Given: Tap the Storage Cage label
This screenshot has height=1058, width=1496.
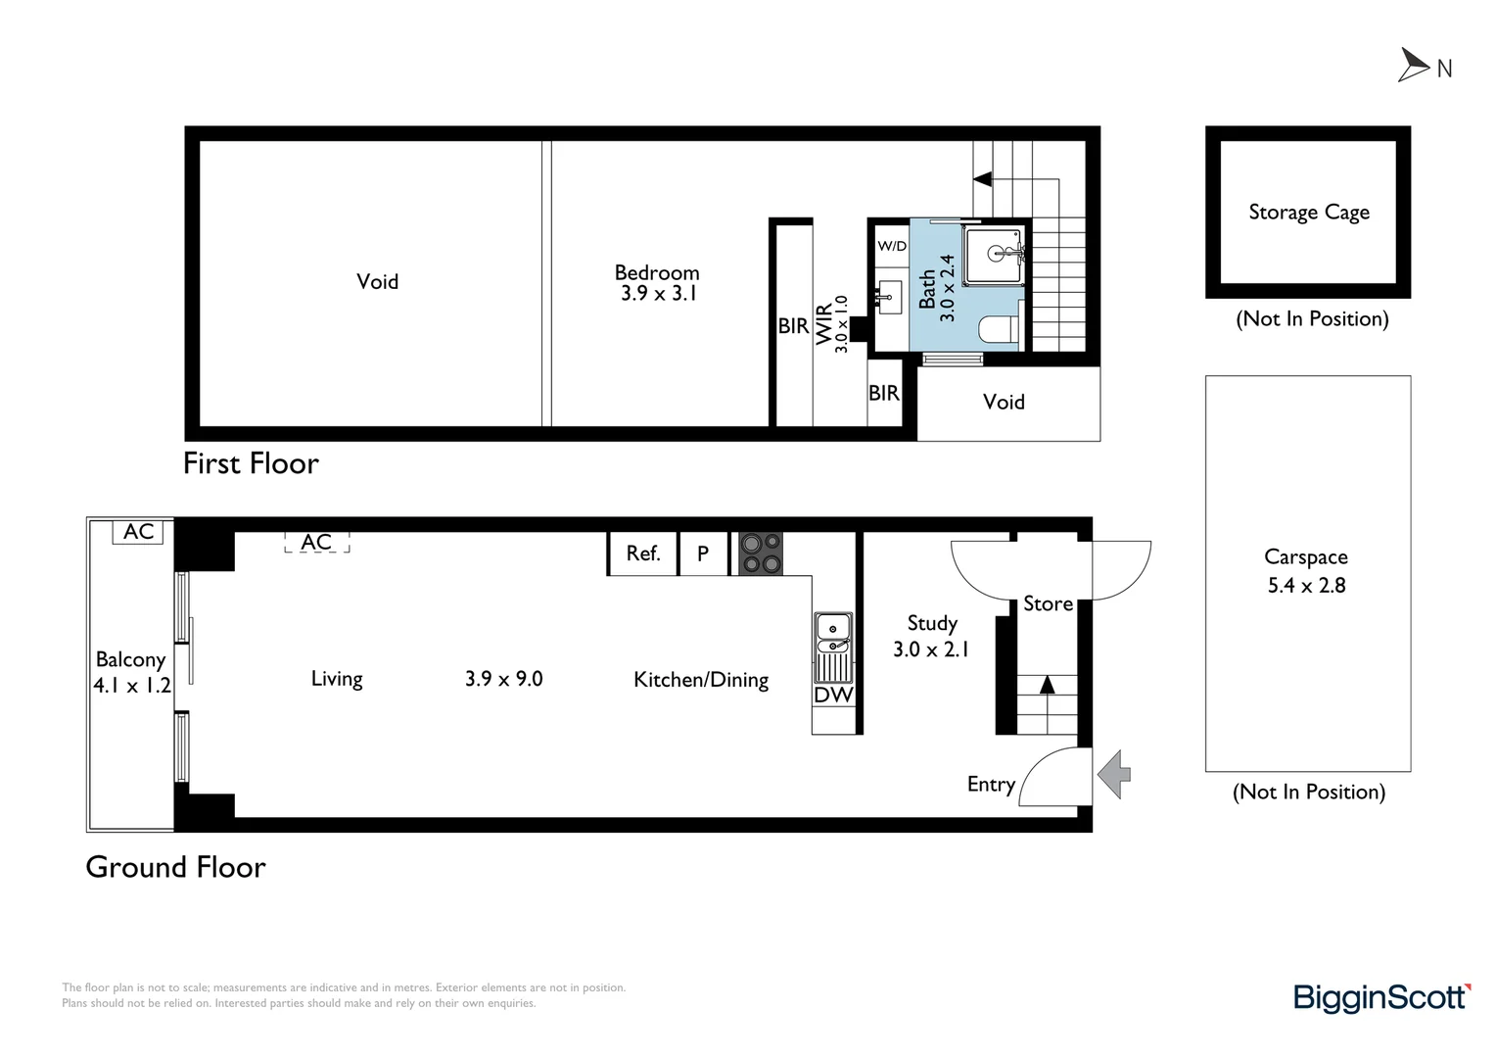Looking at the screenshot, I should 1308,213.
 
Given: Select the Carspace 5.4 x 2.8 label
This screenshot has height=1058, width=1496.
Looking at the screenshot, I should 1306,571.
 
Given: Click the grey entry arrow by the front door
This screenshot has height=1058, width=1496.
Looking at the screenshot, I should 1114,774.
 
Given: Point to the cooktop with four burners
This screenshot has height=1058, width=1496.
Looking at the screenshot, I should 760,553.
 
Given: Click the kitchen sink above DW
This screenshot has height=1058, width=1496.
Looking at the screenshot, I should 832,634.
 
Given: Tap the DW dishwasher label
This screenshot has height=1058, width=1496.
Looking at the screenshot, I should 833,695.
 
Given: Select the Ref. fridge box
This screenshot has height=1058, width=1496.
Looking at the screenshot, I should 642,553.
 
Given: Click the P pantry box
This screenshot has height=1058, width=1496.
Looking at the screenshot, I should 703,553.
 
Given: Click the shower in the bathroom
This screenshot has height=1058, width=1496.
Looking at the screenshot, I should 994,255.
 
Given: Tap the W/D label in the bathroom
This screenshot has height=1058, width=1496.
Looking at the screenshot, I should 891,246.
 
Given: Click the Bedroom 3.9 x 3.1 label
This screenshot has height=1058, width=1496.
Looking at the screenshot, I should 657,283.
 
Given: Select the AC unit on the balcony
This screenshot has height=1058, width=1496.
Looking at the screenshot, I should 139,532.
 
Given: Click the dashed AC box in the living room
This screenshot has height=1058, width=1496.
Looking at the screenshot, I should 316,542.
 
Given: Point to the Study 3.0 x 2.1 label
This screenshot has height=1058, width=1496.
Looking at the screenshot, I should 931,636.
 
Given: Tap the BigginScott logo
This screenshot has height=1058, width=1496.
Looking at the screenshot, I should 1381,997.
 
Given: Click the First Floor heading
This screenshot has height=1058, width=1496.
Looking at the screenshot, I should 251,463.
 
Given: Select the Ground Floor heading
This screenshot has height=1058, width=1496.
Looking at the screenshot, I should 175,867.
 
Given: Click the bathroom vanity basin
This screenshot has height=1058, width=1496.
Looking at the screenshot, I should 888,296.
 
